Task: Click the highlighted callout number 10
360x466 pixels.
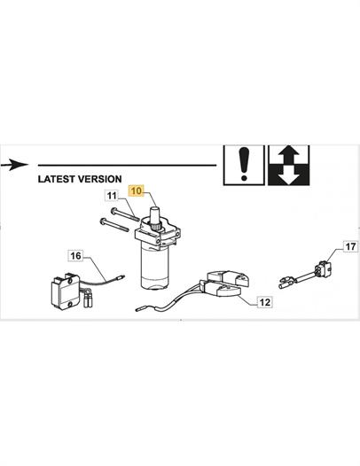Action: point(137,190)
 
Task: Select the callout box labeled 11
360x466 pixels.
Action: point(112,196)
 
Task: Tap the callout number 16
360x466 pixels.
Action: point(75,255)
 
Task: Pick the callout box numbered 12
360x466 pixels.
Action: point(264,302)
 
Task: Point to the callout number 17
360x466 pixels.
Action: point(350,246)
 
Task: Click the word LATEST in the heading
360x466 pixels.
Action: point(57,179)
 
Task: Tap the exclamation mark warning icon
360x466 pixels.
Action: point(244,165)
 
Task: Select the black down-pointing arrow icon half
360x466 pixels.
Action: point(289,175)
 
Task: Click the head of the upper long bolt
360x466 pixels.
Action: point(114,211)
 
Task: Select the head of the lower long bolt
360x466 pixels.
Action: point(103,221)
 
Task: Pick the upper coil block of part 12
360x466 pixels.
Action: point(228,278)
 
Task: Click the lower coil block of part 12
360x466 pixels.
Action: point(220,289)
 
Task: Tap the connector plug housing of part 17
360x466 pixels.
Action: point(324,269)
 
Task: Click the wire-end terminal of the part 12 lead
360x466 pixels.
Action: point(140,310)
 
